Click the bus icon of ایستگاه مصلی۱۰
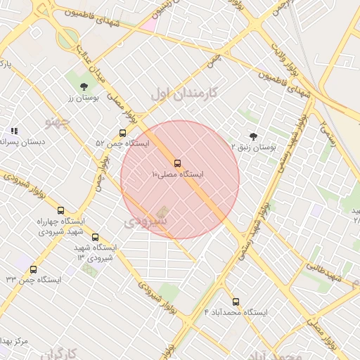(176, 163)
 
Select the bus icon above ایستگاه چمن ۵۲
(123, 133)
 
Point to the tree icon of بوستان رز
(84, 86)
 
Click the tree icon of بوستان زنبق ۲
(253, 136)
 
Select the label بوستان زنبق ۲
(255, 147)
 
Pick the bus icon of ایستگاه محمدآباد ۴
(236, 302)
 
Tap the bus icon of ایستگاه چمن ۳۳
(33, 269)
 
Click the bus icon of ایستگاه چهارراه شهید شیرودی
(60, 210)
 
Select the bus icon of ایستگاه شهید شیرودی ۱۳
(96, 238)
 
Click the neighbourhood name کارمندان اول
(184, 92)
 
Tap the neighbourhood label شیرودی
(146, 221)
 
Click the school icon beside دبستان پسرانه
(13, 131)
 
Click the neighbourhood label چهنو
(58, 122)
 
